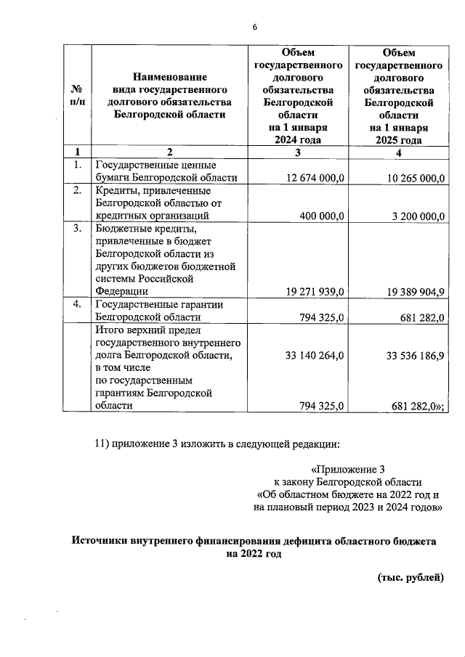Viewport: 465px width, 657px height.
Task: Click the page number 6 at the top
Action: pyautogui.click(x=254, y=28)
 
